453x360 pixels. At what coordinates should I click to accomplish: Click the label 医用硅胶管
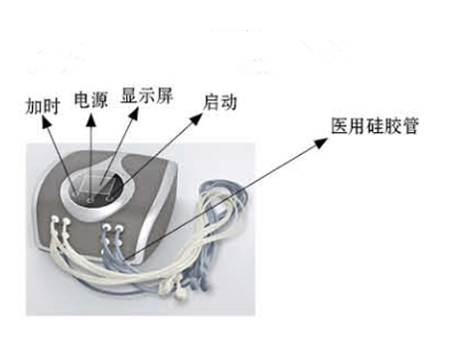[368, 127]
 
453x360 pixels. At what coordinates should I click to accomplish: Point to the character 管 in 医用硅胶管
[401, 127]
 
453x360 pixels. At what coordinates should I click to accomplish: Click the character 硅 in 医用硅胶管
[368, 127]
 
